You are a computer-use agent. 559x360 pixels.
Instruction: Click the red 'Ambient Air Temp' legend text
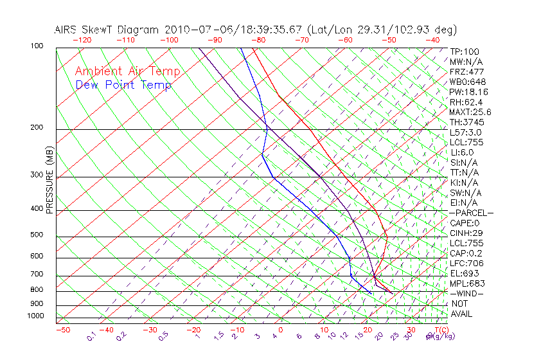tap(127, 71)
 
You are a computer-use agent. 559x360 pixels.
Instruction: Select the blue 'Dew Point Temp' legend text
tap(123, 85)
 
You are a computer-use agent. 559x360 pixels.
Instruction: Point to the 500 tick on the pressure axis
tap(37, 235)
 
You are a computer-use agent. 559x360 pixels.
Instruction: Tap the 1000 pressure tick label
tap(35, 316)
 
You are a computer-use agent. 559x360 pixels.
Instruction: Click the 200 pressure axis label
tap(37, 127)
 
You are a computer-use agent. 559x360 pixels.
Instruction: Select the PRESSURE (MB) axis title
tap(49, 181)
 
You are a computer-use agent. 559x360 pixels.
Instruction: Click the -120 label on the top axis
tap(81, 40)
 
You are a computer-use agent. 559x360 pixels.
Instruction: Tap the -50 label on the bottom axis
tap(62, 330)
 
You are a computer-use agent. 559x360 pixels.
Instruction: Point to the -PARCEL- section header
tap(471, 213)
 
